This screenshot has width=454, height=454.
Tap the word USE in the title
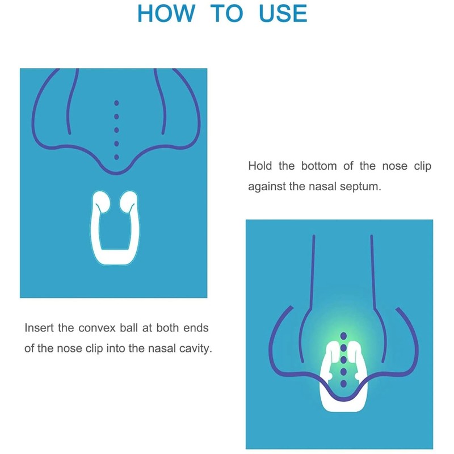[283, 13]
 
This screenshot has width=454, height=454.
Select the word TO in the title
[226, 13]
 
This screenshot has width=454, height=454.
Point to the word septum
[362, 187]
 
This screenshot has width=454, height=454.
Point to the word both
[169, 328]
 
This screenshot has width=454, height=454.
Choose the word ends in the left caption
[198, 328]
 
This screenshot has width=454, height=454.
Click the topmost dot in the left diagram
[116, 103]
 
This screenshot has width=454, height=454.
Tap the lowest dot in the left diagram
[116, 157]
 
